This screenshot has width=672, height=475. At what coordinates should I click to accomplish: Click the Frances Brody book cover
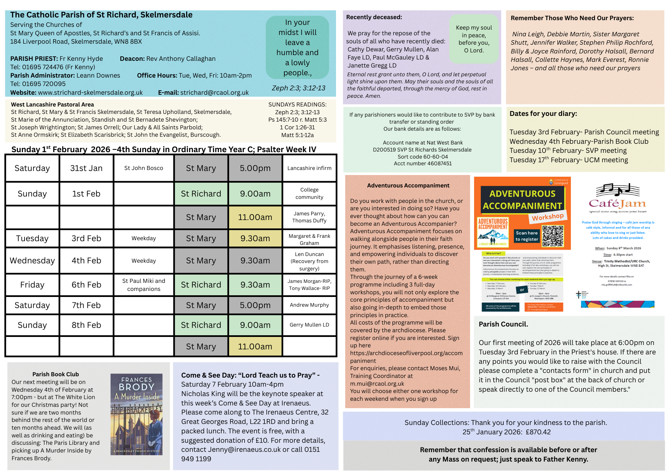[x=136, y=414]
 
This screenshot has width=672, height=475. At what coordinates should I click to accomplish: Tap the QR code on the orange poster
[x=553, y=236]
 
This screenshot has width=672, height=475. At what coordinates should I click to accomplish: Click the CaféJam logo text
[x=617, y=204]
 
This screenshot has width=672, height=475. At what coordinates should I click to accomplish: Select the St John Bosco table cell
[x=143, y=168]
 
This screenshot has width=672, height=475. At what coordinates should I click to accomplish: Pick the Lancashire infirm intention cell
[x=309, y=168]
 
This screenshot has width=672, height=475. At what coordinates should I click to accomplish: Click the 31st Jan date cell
[x=86, y=168]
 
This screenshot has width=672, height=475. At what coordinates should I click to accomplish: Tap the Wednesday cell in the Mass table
[x=32, y=261]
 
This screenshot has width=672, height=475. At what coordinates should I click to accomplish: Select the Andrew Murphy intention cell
[x=309, y=305]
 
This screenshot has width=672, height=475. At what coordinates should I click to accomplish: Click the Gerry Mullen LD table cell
[x=309, y=325]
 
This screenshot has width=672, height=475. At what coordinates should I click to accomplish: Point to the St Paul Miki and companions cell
[x=143, y=285]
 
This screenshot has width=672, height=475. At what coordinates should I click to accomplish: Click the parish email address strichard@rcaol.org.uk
[x=214, y=93]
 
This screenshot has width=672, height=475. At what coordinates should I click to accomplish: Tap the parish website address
[x=90, y=93]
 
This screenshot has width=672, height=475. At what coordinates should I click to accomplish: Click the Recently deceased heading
[x=374, y=17]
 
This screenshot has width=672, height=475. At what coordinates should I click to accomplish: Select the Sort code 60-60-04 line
[x=423, y=157]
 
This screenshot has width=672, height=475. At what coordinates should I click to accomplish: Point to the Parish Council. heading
[x=503, y=324]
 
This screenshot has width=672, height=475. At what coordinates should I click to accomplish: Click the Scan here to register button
[x=527, y=236]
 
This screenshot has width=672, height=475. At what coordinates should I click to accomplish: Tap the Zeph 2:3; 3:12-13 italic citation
[x=298, y=88]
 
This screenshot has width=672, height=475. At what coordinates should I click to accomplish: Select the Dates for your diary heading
[x=543, y=114]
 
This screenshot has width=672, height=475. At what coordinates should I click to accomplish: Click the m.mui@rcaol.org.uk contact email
[x=377, y=384]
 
